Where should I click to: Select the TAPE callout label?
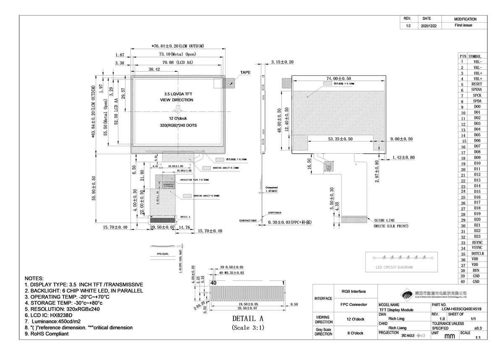click(x=245, y=72)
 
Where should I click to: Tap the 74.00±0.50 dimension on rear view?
click(x=339, y=79)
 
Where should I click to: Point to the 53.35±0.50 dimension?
click(x=341, y=139)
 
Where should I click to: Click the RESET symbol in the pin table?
click(x=477, y=84)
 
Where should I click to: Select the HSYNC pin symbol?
click(x=477, y=243)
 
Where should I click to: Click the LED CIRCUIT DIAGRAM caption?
click(x=394, y=267)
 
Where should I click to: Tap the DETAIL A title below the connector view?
click(x=247, y=318)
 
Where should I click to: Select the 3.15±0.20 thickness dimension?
click(x=282, y=62)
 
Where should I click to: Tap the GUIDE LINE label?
click(x=384, y=220)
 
